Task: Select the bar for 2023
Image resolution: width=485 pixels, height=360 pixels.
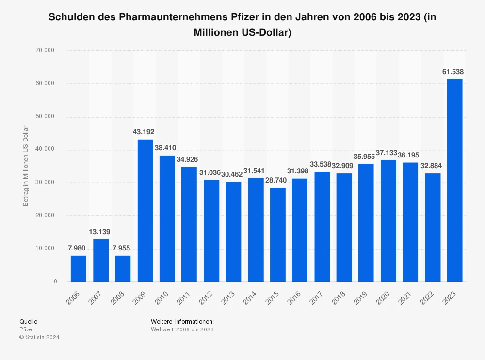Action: pos(454,180)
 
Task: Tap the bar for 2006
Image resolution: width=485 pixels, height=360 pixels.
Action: pos(79,268)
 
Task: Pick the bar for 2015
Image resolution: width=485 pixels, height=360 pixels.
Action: pos(278,234)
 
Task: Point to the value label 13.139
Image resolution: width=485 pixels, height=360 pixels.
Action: pos(101,232)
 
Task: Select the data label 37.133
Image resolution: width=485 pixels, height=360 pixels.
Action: pos(388,152)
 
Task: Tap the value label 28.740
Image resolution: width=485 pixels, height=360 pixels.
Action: pos(278,180)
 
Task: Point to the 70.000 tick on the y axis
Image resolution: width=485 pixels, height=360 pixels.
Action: pos(48,50)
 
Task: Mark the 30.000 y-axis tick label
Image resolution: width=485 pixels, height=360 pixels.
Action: pos(48,183)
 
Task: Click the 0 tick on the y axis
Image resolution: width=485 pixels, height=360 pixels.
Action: pos(55,282)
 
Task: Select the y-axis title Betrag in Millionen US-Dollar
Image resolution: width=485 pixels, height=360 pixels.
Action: pos(26,166)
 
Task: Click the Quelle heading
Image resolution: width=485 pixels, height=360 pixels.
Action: pos(28,322)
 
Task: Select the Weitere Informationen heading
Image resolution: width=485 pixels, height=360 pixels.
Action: pos(182,322)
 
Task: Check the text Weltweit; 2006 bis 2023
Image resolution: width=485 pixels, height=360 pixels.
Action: pos(182,329)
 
